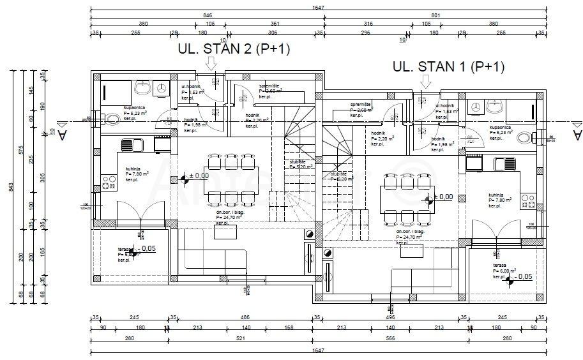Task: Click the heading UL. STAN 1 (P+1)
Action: coord(448,66)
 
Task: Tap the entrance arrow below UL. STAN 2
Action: coord(211,63)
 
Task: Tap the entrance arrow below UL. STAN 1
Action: coord(426,80)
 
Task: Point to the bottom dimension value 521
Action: coord(243,339)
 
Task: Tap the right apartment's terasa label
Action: coord(499,265)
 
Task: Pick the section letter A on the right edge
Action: coord(577,135)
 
